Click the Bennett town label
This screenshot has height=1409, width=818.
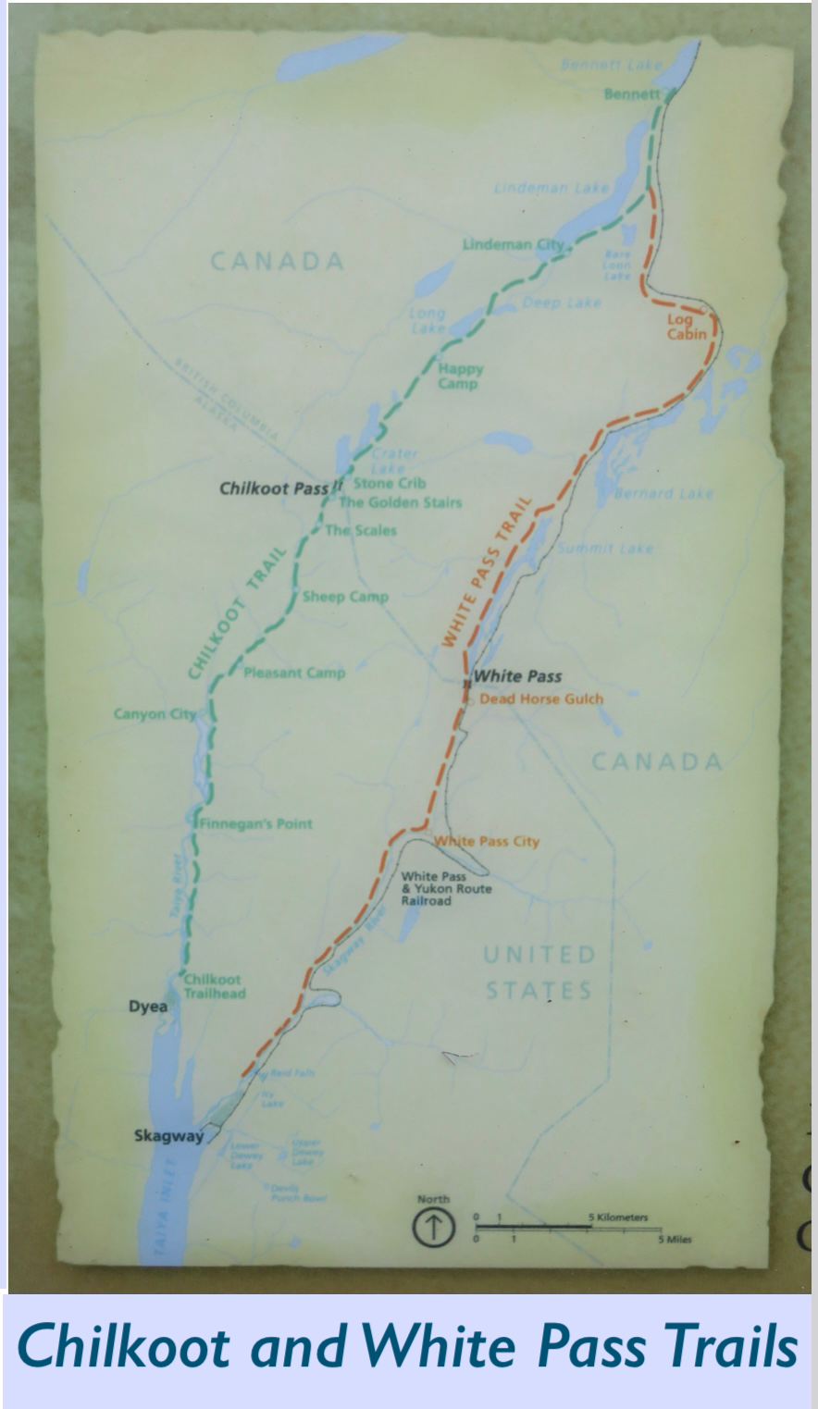632,94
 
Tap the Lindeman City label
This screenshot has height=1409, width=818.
513,244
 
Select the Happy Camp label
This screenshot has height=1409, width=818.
460,376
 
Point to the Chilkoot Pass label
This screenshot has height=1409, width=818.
275,488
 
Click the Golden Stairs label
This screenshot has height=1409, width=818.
400,502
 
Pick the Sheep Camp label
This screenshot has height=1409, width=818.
344,597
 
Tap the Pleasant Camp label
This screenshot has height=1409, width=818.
293,673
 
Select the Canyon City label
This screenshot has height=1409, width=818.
155,713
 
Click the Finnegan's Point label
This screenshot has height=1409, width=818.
256,823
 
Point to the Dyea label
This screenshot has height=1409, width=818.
148,1006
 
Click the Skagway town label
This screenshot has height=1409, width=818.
167,1136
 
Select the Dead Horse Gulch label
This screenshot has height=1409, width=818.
540,698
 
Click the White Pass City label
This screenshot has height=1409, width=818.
487,841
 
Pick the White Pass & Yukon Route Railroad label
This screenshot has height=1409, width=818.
445,888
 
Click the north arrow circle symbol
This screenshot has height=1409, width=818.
433,1229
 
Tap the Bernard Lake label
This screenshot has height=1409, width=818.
663,493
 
